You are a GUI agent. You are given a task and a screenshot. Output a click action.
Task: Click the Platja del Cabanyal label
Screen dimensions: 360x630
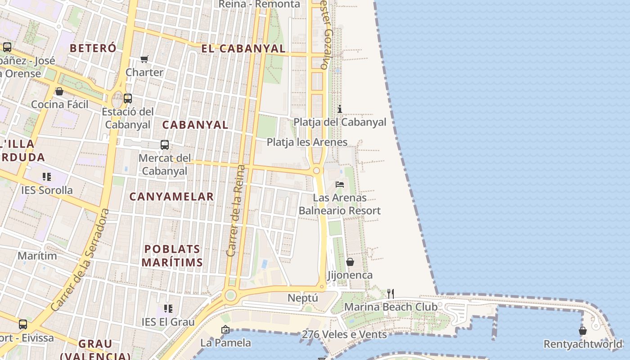click(x=340, y=122)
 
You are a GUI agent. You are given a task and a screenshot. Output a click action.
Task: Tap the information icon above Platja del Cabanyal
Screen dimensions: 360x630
click(x=340, y=109)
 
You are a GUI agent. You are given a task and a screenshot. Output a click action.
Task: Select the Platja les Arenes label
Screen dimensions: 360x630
click(x=307, y=142)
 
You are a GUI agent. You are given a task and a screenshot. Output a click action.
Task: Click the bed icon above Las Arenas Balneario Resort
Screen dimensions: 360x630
click(x=340, y=184)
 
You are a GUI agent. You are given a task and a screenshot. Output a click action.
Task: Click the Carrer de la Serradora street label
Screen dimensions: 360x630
click(x=80, y=260)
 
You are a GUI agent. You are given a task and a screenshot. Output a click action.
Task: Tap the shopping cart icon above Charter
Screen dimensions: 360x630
click(x=144, y=59)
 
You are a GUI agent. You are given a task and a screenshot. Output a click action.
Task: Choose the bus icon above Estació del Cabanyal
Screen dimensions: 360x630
click(x=128, y=98)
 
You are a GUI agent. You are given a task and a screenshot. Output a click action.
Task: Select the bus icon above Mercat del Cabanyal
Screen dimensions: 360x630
click(x=165, y=145)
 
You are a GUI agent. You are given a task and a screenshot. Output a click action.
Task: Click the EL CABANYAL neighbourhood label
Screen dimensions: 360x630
click(x=243, y=49)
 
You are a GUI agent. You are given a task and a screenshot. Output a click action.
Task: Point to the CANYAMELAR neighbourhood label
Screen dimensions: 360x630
click(x=171, y=196)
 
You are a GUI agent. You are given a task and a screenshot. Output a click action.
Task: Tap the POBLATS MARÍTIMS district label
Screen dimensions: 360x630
click(x=172, y=256)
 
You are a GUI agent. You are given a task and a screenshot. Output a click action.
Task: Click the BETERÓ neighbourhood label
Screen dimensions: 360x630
click(x=93, y=48)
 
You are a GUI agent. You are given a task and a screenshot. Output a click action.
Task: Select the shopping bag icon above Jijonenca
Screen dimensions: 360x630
click(x=350, y=262)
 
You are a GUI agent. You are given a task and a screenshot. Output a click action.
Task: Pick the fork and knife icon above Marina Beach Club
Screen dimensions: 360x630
click(x=391, y=294)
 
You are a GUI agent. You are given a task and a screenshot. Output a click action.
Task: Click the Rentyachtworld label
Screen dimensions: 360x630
click(x=583, y=344)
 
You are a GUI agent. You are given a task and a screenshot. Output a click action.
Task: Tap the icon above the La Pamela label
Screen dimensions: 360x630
click(x=225, y=330)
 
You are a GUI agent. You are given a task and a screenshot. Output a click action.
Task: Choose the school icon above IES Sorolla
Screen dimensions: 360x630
click(x=47, y=177)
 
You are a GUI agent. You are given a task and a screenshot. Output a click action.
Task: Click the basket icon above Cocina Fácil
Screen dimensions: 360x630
click(x=59, y=92)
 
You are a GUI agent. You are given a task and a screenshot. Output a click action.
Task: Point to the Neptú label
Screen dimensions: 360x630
click(x=302, y=298)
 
